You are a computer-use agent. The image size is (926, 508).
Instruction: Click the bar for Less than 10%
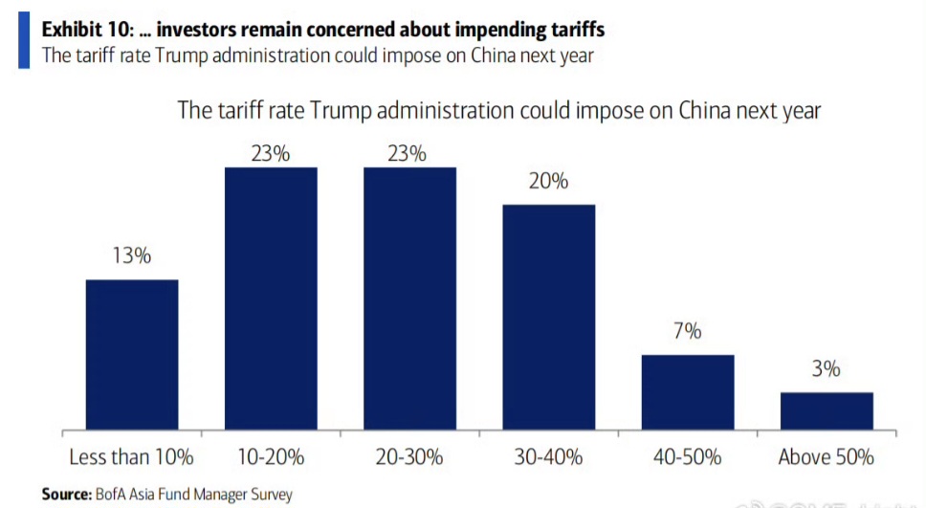tap(132, 353)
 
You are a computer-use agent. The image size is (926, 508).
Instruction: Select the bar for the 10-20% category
tap(271, 297)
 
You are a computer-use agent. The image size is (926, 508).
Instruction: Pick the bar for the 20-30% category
tap(409, 297)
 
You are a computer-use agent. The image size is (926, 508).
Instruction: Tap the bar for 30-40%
tap(549, 316)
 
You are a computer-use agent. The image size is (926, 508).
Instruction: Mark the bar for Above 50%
tap(827, 409)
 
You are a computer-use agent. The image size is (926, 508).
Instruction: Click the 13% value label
tap(132, 256)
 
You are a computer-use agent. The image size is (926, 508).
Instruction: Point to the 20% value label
tap(549, 181)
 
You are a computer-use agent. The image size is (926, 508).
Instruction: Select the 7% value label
tap(688, 332)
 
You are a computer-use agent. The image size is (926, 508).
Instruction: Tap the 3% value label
tap(827, 369)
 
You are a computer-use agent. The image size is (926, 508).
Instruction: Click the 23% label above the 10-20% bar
tap(271, 152)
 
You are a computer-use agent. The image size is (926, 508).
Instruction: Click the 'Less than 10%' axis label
tap(132, 456)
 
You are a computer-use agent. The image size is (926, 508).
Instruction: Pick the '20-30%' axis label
tap(409, 456)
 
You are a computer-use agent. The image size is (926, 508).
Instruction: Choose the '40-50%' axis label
tap(688, 456)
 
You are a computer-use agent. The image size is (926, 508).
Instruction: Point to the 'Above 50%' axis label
tap(827, 456)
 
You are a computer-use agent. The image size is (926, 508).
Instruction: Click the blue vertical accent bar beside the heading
tap(23, 41)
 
